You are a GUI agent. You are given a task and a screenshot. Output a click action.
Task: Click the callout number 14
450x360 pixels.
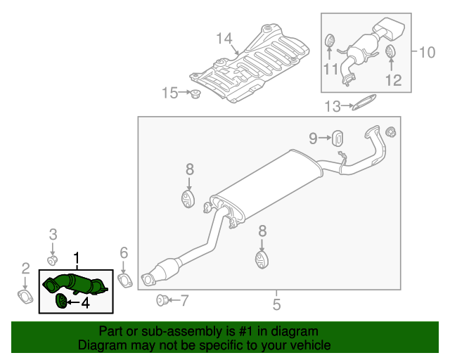coord(224,38)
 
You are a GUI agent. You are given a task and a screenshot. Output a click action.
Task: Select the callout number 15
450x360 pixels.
coord(171,92)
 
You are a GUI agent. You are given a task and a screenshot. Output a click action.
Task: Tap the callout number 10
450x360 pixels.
coord(427,51)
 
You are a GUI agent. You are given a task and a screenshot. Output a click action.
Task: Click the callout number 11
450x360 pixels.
coord(330,68)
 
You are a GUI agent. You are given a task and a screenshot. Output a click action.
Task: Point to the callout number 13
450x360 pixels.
coord(332,106)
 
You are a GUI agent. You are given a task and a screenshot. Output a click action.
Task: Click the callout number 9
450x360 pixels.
coord(313,139)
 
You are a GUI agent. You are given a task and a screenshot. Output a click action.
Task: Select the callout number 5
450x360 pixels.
coord(276,304)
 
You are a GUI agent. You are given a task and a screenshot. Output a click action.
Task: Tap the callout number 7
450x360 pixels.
coord(184,301)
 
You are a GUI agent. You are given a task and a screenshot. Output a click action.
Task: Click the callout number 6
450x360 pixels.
coord(124,252)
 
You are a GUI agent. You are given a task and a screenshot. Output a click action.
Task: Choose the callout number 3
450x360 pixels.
coord(53,234)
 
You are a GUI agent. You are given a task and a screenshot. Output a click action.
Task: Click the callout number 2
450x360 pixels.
coord(25,267)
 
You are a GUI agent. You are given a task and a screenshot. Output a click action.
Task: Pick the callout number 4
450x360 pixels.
coord(85,303)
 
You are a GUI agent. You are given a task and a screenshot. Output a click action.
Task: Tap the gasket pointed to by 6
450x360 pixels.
coord(124,282)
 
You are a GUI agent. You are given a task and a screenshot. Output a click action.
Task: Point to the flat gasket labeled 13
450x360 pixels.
coord(361,105)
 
